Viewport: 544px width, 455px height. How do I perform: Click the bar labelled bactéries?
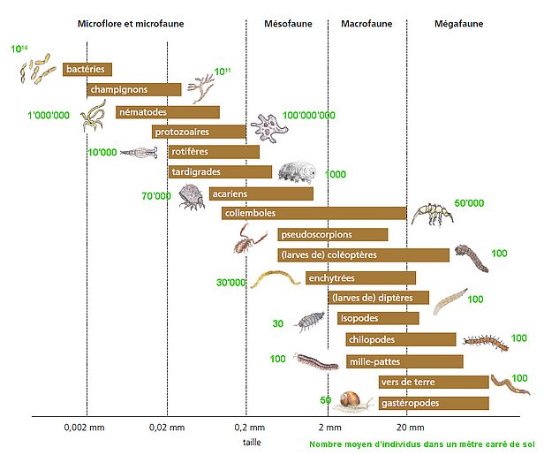[x=87, y=69]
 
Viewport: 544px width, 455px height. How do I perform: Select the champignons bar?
[x=133, y=89]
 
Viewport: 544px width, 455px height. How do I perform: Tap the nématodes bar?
[x=167, y=112]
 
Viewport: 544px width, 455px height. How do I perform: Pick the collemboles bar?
[x=314, y=213]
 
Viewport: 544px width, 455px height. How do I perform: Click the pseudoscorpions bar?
[x=332, y=234]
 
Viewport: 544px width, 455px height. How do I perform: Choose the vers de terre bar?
[x=433, y=382]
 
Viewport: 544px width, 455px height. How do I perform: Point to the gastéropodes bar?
[x=433, y=403]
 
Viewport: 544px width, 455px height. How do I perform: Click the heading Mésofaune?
[x=285, y=25]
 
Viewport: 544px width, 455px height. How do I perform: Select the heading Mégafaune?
[x=457, y=25]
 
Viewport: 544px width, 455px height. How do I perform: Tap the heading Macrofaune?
[x=366, y=25]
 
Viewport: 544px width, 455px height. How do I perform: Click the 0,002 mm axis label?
[x=85, y=428]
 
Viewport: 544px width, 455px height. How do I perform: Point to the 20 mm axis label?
[x=408, y=428]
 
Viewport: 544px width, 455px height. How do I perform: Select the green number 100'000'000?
[x=309, y=116]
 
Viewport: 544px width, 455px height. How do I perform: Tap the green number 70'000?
[x=155, y=195]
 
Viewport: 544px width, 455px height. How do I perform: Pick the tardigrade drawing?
[x=295, y=172]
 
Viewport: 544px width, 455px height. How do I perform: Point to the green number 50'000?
[x=469, y=203]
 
